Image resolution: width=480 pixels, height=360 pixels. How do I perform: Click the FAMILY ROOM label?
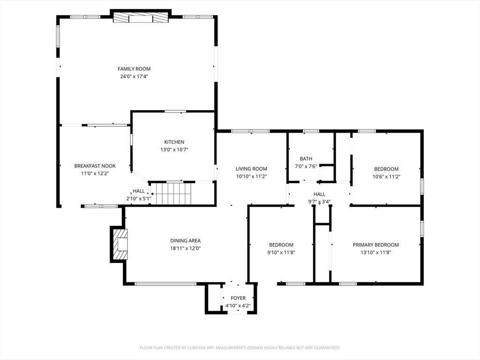134,69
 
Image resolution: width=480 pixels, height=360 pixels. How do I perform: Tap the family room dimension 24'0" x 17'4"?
134,76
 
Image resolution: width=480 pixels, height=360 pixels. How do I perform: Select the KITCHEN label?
174,142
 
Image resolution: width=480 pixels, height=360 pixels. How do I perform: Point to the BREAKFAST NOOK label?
95,166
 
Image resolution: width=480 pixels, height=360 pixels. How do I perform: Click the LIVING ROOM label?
251,169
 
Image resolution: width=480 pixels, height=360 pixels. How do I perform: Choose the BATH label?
306,159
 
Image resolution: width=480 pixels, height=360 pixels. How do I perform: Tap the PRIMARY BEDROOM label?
375,245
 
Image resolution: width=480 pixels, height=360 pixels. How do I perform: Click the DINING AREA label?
185,241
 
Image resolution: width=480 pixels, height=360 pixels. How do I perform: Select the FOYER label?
238,298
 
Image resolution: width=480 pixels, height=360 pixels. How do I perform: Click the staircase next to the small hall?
171,194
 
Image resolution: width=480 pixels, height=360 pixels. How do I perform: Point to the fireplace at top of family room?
141,17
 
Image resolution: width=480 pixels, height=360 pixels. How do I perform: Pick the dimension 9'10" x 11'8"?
281,252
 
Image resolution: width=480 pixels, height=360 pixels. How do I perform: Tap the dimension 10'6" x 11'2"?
386,177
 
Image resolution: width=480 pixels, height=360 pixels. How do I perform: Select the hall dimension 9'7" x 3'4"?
319,202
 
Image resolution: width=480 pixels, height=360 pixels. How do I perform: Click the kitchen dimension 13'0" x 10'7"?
174,150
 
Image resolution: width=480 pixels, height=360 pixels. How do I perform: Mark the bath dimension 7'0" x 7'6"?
306,166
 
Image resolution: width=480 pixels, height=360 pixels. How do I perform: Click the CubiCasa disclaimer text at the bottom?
240,348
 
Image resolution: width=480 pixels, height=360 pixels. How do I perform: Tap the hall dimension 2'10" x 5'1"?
139,199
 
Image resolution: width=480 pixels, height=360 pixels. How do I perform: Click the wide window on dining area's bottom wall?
165,284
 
